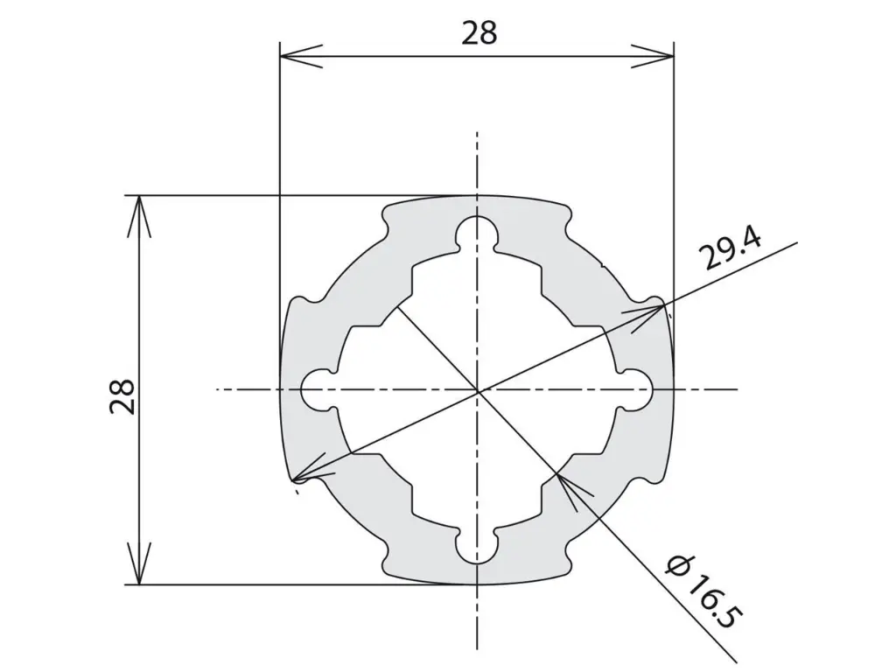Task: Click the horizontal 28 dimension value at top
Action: coord(479,33)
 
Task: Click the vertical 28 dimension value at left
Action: coord(122,396)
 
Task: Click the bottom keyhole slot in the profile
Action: coord(477,548)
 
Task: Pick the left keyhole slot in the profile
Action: coord(319,390)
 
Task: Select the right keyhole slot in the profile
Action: coord(635,390)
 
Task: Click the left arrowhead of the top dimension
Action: coord(301,56)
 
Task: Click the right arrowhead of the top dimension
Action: coord(653,56)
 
